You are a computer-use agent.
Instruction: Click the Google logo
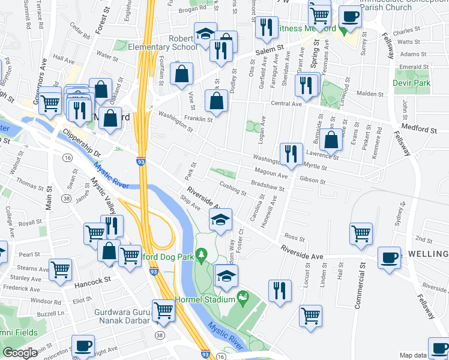point(20,353)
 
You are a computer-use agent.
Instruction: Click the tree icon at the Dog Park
point(202,254)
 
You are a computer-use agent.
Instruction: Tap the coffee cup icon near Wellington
point(390,258)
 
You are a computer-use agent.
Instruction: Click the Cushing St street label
point(233,189)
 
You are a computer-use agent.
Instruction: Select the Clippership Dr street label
point(81,145)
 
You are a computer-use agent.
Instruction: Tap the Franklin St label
point(197,119)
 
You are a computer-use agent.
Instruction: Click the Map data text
point(414,355)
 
